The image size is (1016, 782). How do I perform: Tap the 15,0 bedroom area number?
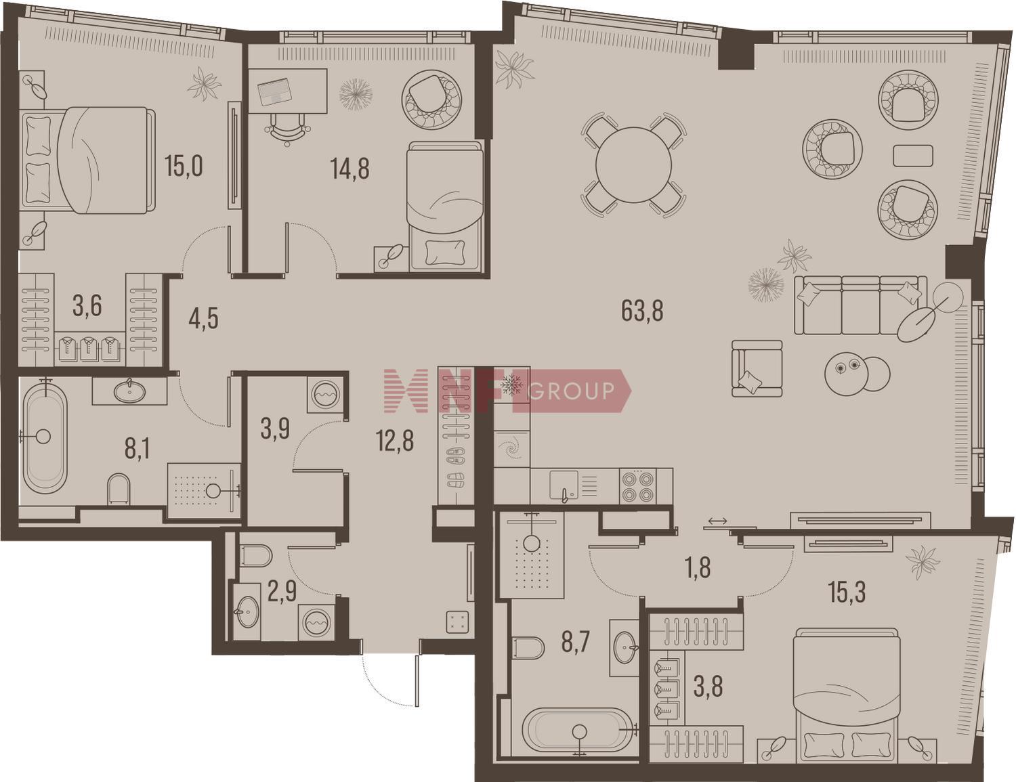click(x=184, y=166)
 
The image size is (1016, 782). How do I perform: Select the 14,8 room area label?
click(x=350, y=169)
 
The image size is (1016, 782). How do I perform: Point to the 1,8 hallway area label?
click(x=700, y=567)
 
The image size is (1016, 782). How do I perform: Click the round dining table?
click(x=633, y=165)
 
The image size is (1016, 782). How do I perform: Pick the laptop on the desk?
click(x=274, y=93)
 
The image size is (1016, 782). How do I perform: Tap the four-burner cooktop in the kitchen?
click(x=638, y=487)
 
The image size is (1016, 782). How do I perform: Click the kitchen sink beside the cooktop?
click(x=564, y=487)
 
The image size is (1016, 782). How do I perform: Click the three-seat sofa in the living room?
click(x=860, y=305)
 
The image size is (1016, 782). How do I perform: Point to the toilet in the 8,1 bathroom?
click(x=119, y=490)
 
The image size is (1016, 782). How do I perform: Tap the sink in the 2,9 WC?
click(x=247, y=612)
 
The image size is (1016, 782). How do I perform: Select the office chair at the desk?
click(x=287, y=128)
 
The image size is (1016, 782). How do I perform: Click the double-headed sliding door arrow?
click(x=718, y=521)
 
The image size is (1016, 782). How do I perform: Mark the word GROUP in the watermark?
click(x=573, y=391)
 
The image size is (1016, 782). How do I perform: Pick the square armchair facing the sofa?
click(x=757, y=368)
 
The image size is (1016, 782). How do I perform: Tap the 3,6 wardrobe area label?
click(x=87, y=307)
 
